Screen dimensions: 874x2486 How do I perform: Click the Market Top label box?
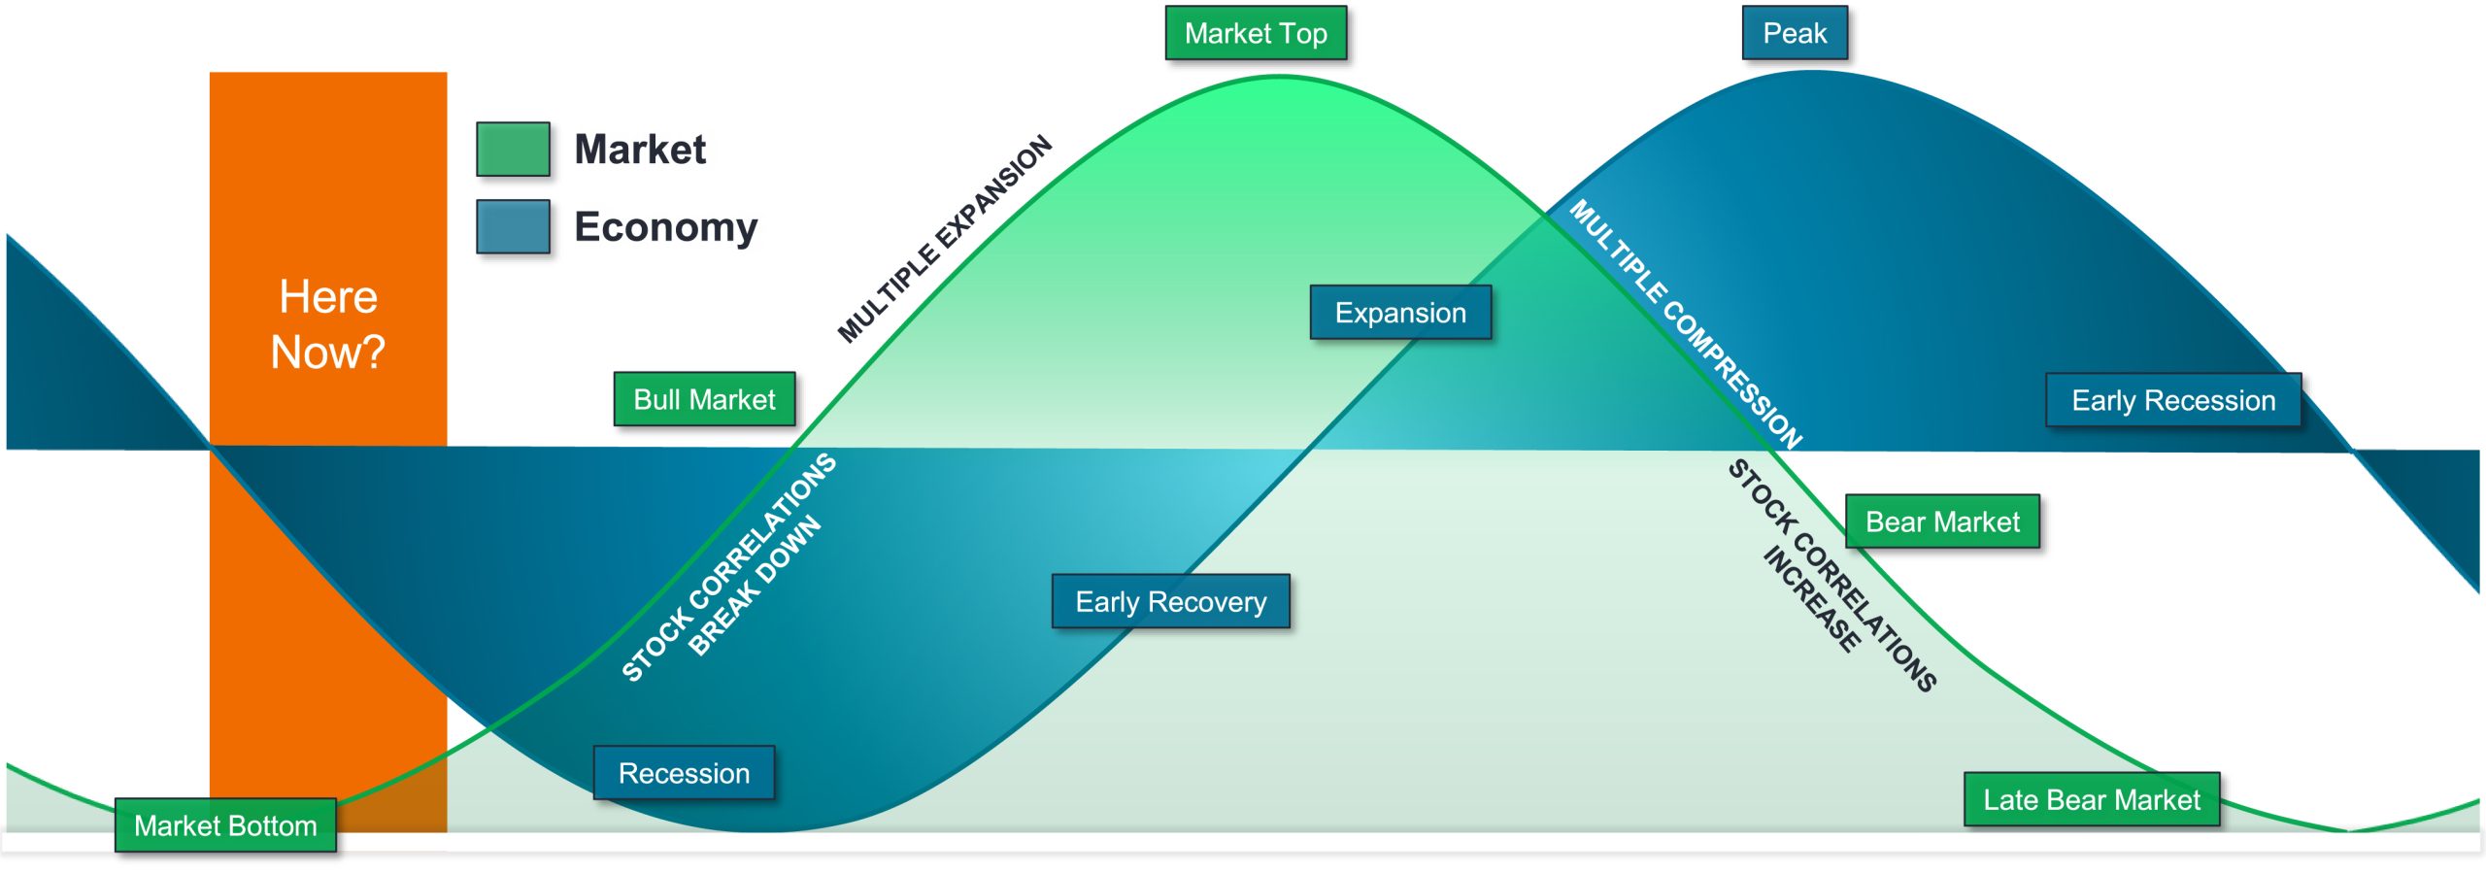pos(1256,34)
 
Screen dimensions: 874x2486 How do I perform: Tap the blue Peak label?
pos(1795,34)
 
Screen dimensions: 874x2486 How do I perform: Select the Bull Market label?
pos(704,399)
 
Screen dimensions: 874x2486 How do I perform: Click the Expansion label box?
pos(1400,313)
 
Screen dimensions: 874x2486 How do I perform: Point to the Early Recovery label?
pos(1170,602)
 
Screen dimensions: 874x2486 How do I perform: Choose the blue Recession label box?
pos(684,773)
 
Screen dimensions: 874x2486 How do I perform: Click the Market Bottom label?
pos(225,825)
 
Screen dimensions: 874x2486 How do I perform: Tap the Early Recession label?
pos(2173,400)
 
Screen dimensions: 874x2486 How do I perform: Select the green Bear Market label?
pos(1942,522)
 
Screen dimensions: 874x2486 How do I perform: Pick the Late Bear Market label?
pos(2092,799)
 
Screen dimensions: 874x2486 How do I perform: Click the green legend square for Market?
pos(513,150)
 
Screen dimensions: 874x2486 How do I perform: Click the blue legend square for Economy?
pos(513,226)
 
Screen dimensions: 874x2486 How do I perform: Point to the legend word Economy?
pos(665,226)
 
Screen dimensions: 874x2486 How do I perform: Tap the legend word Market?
pos(640,150)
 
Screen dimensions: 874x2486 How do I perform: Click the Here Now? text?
pos(328,323)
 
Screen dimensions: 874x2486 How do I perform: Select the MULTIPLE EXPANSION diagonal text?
pos(945,239)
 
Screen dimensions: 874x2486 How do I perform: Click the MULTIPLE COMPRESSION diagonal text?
pos(1686,324)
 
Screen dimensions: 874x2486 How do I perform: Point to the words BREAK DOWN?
pos(755,587)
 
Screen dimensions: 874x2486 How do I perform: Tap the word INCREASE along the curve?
pos(1812,598)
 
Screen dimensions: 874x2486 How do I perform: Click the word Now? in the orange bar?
pos(328,352)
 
